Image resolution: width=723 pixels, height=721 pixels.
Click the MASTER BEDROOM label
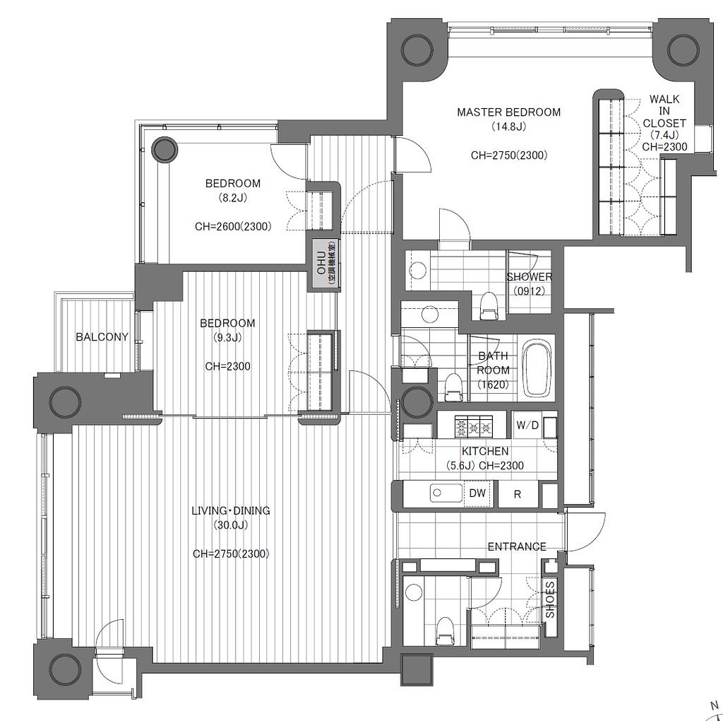click(x=508, y=112)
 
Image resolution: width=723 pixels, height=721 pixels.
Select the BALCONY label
click(x=102, y=337)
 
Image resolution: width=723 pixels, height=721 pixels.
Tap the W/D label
click(x=527, y=425)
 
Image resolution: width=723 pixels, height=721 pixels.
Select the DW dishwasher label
click(x=478, y=493)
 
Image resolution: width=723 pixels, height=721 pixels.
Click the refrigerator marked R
click(x=518, y=494)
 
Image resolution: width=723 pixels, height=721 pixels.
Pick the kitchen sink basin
click(x=446, y=493)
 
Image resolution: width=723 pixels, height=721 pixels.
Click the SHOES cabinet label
click(x=551, y=600)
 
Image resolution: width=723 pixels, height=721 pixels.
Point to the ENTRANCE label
click(x=517, y=546)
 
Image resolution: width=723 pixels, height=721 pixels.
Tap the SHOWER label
click(x=530, y=277)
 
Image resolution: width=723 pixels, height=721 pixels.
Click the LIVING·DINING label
click(x=231, y=510)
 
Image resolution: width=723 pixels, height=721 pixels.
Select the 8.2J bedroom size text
click(x=233, y=198)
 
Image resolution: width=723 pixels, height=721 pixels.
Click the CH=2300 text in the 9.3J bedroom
click(x=228, y=366)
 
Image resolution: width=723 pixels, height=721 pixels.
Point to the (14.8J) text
click(x=508, y=127)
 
